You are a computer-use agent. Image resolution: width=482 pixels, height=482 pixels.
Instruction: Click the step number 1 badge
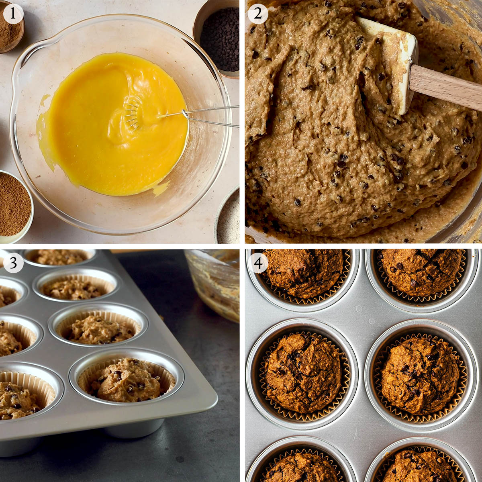13,14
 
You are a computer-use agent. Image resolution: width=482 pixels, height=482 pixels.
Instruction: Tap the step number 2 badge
257,14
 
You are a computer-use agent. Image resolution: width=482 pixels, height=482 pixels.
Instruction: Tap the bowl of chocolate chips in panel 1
218,37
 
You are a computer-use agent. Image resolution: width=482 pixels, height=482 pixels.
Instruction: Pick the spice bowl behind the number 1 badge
10,28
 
